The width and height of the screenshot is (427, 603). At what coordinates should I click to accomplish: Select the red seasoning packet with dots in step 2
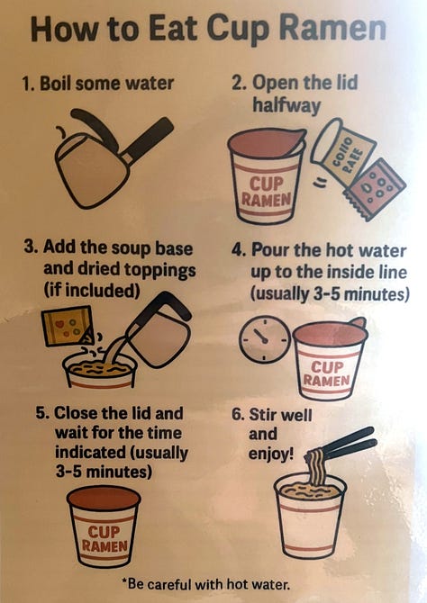coord(375,189)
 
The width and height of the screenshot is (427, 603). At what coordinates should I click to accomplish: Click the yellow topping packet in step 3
coord(68,325)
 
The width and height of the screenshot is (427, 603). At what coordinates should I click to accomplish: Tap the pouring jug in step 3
coord(159,328)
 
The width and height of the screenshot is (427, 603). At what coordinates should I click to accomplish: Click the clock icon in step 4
coord(265,339)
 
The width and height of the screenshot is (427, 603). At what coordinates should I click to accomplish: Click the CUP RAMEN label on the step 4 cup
coord(326,373)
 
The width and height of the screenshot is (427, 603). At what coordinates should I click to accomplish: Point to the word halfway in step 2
coord(286,105)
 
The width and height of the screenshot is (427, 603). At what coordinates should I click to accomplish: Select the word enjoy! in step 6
coord(271,454)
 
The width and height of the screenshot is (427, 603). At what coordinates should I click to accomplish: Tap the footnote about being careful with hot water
coord(205,584)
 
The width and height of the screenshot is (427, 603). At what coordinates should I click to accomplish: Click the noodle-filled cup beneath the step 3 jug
coord(100,371)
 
